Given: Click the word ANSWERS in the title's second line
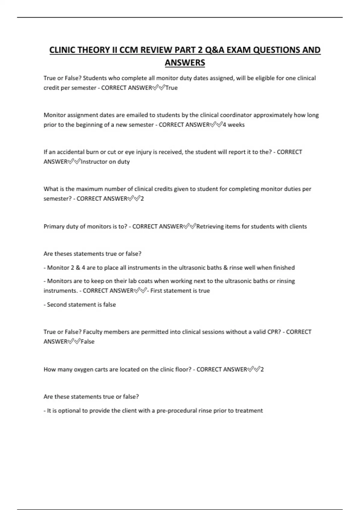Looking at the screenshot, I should tap(185, 63).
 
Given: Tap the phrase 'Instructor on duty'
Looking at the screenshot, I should tap(105, 162).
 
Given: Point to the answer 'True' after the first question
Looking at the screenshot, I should tap(172, 88).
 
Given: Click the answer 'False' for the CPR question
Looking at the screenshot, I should tap(88, 342).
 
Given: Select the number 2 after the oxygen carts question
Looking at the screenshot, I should tap(262, 369).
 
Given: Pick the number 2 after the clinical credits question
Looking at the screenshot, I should tap(142, 199).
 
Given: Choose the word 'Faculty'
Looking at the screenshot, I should tap(92, 332).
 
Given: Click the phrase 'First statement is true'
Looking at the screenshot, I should tap(180, 291).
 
